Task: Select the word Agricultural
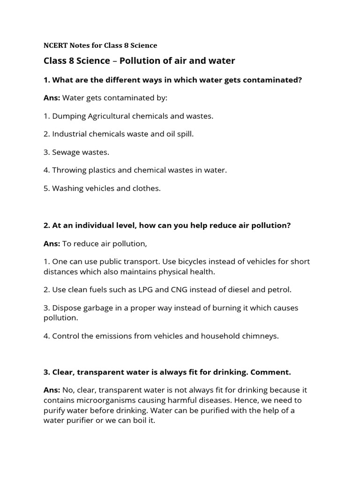(105, 116)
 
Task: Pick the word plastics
(98, 170)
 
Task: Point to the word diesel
(238, 290)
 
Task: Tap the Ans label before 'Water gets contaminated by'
(52, 98)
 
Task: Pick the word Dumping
(67, 116)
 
